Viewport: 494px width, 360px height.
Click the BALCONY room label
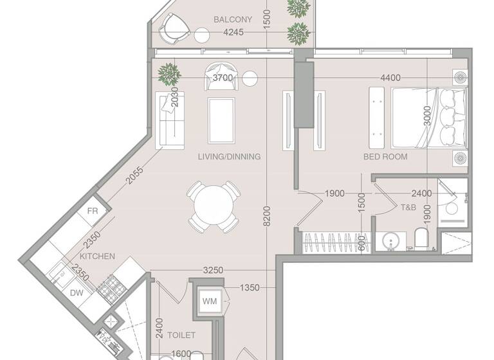click(x=233, y=19)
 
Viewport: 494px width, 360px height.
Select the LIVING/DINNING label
click(x=230, y=156)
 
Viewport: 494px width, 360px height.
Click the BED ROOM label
click(x=385, y=156)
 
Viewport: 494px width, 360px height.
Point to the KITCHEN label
click(x=98, y=256)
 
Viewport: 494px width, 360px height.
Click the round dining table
click(x=214, y=206)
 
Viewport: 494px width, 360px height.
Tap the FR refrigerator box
click(x=92, y=212)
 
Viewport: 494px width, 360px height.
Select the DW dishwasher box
click(x=76, y=292)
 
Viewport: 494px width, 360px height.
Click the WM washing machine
click(x=210, y=301)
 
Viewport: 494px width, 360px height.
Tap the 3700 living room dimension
click(x=223, y=78)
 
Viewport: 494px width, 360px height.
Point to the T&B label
click(x=408, y=208)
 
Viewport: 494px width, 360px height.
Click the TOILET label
click(x=181, y=335)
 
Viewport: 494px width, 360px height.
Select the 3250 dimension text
click(x=212, y=271)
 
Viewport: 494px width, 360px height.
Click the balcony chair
click(x=174, y=27)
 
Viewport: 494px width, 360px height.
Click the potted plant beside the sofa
click(x=169, y=73)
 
